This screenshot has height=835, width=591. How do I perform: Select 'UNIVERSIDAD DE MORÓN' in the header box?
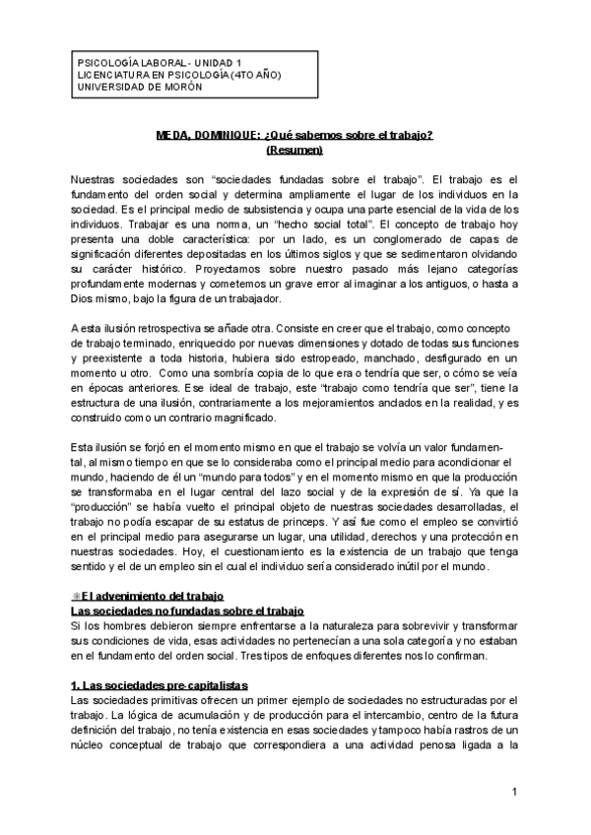coord(139,87)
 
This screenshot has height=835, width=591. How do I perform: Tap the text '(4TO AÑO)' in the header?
coord(232,75)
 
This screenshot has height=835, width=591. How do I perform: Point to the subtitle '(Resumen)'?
coord(295,151)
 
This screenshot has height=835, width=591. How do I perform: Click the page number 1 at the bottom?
coord(514,793)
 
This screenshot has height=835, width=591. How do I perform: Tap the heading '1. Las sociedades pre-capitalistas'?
coord(161,684)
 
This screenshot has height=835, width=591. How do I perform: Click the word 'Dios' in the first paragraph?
coord(86,297)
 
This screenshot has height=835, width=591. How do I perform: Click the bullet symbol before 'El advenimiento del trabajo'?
coord(76,597)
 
